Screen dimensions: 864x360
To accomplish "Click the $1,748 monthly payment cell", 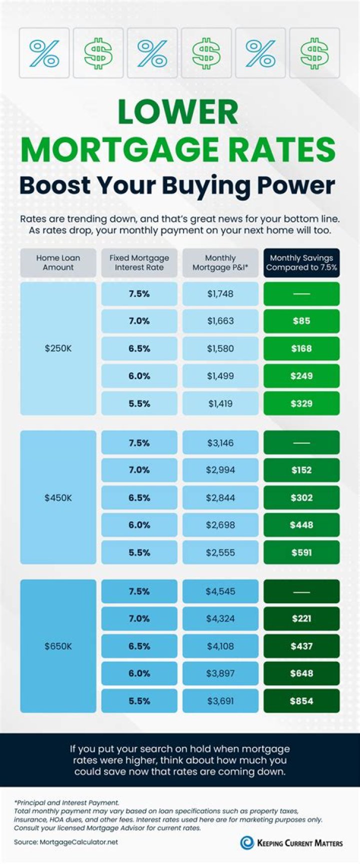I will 220,294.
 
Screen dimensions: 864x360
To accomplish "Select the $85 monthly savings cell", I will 301,321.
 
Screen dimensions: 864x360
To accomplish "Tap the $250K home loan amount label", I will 58,348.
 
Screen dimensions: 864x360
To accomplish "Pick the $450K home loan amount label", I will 58,498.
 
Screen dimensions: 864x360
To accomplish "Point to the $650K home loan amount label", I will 58,646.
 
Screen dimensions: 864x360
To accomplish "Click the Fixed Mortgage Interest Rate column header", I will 139,263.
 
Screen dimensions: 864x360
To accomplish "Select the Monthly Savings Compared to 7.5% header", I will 301,263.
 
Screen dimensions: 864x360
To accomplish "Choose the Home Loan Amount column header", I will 58,263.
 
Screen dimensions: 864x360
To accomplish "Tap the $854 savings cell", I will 301,701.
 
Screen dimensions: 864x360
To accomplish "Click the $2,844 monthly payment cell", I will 220,498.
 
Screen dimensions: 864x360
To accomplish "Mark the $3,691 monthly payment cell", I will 220,701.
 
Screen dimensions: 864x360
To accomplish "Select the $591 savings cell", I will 301,553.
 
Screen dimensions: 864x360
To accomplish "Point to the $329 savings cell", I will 301,404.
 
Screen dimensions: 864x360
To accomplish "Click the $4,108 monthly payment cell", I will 220,646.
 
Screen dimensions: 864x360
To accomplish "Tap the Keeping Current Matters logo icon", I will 247,842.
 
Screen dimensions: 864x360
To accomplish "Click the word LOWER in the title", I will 178,113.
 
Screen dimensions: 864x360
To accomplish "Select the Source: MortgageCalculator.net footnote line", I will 66,842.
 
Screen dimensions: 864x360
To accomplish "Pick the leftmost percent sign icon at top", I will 44,53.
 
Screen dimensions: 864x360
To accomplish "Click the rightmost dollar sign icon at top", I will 314,53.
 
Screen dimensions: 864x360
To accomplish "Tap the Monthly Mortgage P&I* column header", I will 220,263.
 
